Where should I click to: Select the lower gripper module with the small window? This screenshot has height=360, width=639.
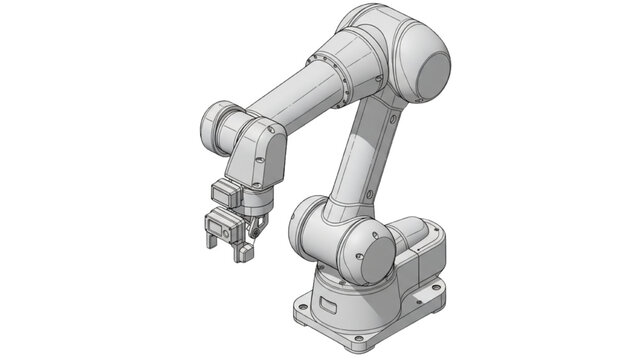coord(225,229)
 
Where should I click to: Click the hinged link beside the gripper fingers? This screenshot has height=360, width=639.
coord(259,228)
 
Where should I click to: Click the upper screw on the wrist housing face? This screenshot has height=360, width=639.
coord(261,143)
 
